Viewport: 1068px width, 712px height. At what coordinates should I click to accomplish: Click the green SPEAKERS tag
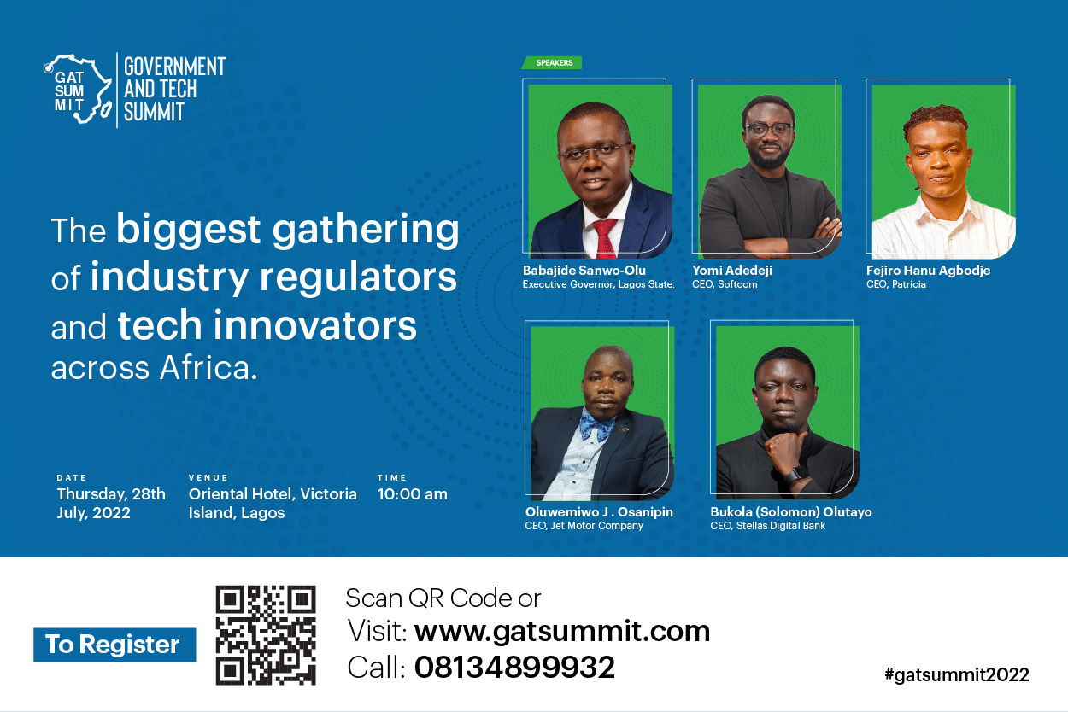(x=552, y=62)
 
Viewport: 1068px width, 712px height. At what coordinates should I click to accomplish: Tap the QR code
(x=266, y=635)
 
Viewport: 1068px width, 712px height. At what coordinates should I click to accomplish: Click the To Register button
(x=114, y=645)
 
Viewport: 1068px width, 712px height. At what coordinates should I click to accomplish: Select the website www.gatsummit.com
(x=562, y=632)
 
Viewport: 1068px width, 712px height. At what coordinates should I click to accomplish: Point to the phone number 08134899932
(x=514, y=667)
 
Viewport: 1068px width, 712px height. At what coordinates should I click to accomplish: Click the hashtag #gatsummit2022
(x=956, y=674)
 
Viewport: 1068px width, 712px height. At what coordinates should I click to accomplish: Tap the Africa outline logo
(x=79, y=89)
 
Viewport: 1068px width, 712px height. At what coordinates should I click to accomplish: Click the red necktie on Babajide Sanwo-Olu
(x=605, y=238)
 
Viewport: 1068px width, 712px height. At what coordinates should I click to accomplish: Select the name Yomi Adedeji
(x=732, y=271)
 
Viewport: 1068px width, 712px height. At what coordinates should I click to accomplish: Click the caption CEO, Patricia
(x=896, y=284)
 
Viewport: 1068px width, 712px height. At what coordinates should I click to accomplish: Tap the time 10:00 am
(x=413, y=494)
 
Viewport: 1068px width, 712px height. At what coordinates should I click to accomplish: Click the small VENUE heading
(x=208, y=477)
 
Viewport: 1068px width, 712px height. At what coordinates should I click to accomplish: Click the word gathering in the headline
(x=365, y=231)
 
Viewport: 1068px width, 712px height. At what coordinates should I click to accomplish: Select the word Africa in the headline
(x=208, y=368)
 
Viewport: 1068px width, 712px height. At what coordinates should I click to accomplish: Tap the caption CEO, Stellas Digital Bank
(x=767, y=526)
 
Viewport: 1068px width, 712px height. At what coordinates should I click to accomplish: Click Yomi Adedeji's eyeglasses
(x=768, y=129)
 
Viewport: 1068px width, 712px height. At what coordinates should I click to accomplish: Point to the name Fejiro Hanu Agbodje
(x=928, y=271)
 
